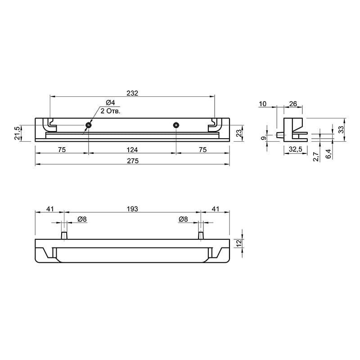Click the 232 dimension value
(x=132, y=93)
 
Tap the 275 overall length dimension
(x=133, y=161)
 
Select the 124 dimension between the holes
(x=132, y=150)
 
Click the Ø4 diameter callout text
(x=110, y=103)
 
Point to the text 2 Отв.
(x=110, y=111)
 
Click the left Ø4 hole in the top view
(x=88, y=125)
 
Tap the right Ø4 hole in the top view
(x=176, y=125)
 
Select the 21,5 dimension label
(x=18, y=133)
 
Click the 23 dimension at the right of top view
(x=239, y=133)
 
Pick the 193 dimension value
(x=132, y=209)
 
